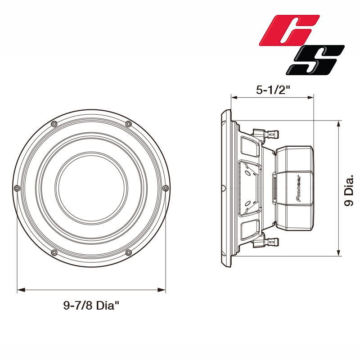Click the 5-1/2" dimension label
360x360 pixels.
pyautogui.click(x=273, y=90)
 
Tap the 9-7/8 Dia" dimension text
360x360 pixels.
pyautogui.click(x=91, y=306)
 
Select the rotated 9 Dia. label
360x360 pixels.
pyautogui.click(x=349, y=191)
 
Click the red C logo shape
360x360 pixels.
pyautogui.click(x=289, y=30)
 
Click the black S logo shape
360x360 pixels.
pyautogui.click(x=315, y=60)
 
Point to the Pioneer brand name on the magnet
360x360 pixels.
pyautogui.click(x=298, y=188)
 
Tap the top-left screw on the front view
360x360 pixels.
pyautogui.click(x=54, y=124)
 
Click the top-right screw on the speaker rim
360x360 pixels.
pyautogui.click(x=128, y=124)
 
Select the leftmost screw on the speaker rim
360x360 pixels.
pyautogui.click(x=17, y=188)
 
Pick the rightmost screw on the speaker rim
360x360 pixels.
pyautogui.click(x=166, y=188)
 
